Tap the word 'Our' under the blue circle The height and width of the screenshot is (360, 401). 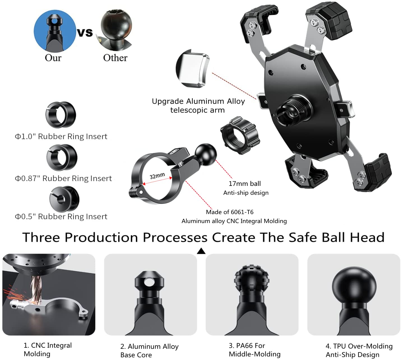[x=53, y=58]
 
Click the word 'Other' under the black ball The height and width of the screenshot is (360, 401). [x=115, y=58]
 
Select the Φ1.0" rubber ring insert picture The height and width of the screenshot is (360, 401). [x=61, y=115]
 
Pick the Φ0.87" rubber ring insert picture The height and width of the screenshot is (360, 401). [x=62, y=157]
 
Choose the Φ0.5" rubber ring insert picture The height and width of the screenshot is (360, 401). [x=64, y=199]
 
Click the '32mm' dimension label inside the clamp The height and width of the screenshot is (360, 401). [x=157, y=176]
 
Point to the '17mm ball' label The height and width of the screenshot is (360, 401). [x=245, y=184]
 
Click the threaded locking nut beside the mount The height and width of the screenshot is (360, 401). [x=240, y=135]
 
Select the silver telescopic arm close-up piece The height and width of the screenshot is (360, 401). [x=193, y=69]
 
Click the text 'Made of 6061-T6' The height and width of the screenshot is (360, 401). [x=230, y=212]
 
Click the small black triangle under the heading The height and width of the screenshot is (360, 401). [x=201, y=251]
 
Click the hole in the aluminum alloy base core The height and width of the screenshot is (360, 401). [x=149, y=283]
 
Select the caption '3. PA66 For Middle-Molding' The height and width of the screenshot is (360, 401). [x=254, y=350]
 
